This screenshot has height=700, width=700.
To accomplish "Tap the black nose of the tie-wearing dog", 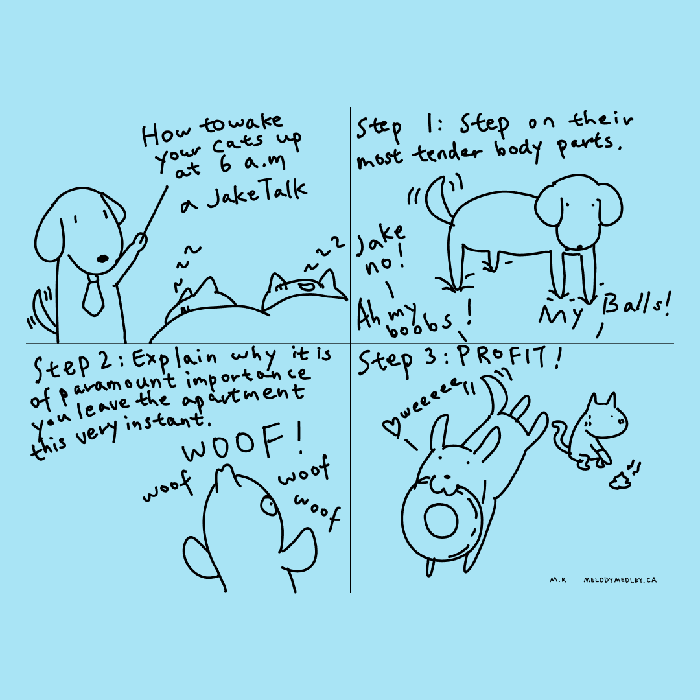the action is [x=102, y=259].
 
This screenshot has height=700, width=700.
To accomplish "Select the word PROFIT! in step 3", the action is [x=509, y=358].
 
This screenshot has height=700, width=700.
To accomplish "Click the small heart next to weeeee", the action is [x=391, y=426].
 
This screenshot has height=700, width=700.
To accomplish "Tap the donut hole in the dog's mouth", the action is [x=441, y=520].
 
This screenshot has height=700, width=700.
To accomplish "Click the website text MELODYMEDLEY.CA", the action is [x=620, y=580].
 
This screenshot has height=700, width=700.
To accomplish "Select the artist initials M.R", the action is [x=557, y=580].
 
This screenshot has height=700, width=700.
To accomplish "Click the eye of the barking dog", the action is [x=269, y=506].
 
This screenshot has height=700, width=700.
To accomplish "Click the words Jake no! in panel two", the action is [x=381, y=251].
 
